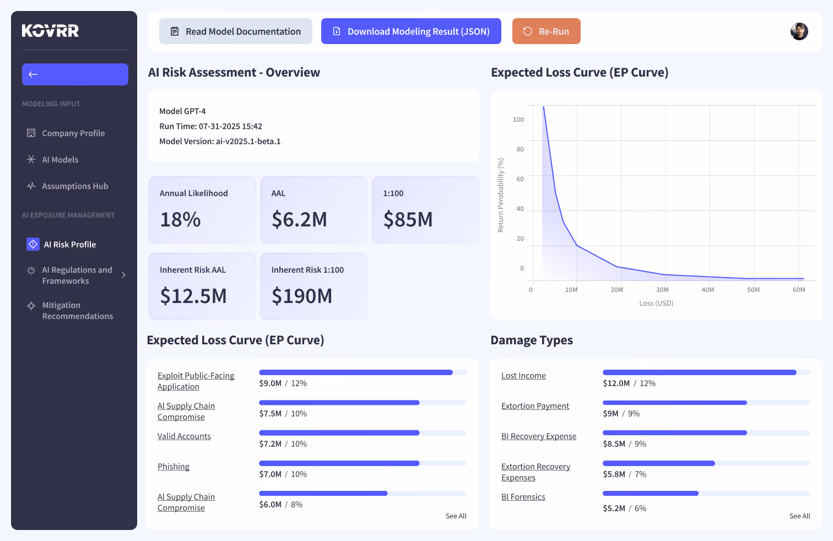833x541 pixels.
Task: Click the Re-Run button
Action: tap(546, 31)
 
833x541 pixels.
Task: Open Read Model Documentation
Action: tap(235, 31)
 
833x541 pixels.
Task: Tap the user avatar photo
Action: tap(799, 31)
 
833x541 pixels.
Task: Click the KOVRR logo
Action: tap(50, 30)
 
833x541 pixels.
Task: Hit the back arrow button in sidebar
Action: tap(75, 74)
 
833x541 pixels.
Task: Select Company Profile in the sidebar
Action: tap(73, 133)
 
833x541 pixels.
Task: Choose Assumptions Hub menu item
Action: tap(75, 186)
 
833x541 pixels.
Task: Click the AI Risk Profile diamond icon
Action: tap(33, 244)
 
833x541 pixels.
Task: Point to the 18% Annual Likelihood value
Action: tap(180, 219)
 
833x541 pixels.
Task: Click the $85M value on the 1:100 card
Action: tap(408, 219)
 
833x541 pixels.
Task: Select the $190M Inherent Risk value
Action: tap(301, 296)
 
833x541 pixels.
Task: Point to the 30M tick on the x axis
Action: tap(662, 290)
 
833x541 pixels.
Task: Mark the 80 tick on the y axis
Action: tap(520, 149)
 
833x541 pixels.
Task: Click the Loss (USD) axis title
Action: tap(656, 303)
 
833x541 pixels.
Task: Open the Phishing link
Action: tap(174, 466)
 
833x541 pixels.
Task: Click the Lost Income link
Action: tap(523, 376)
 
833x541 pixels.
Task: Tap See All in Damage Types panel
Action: tap(799, 516)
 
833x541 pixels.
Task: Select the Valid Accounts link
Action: tap(183, 436)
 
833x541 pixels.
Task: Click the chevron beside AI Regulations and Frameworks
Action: tap(123, 275)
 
